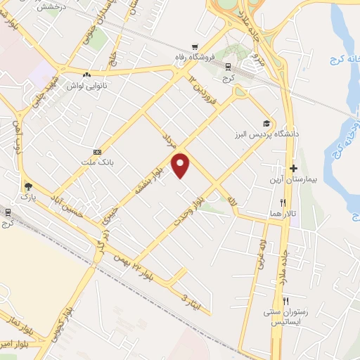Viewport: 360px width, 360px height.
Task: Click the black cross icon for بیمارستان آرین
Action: coord(293,168)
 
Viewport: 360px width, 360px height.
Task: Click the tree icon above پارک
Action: coord(27,186)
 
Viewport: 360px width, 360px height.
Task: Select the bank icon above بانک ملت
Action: coord(97,152)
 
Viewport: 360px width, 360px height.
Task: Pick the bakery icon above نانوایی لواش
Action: coord(86,75)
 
